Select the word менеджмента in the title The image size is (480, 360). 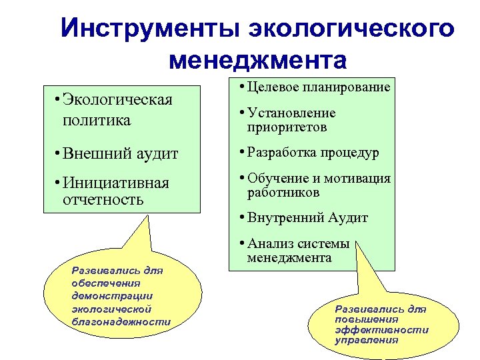[258, 61]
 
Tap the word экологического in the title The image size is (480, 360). [351, 29]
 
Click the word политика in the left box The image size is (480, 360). [96, 121]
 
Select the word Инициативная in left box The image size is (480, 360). [117, 183]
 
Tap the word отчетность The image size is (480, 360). [101, 199]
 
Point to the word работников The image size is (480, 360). [283, 192]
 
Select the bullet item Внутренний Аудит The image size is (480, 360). [307, 217]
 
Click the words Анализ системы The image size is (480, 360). [298, 244]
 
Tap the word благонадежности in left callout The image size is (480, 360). [120, 321]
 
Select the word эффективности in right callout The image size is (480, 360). [381, 329]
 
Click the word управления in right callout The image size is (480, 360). [366, 339]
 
